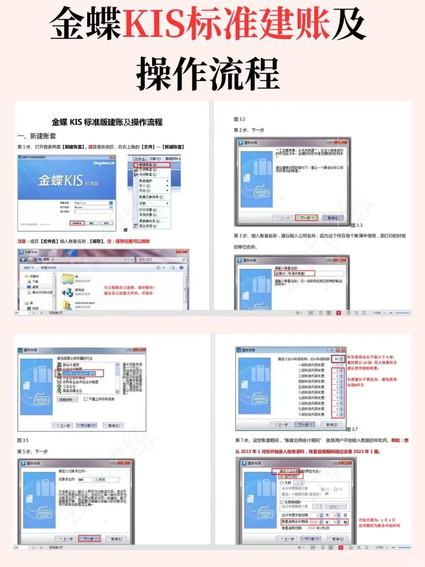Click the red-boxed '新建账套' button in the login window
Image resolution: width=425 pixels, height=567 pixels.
(x=77, y=223)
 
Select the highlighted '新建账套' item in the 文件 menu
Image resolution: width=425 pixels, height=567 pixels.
(x=152, y=165)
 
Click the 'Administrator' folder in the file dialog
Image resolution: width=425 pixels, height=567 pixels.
(x=85, y=303)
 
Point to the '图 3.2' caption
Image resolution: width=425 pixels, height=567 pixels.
(x=239, y=119)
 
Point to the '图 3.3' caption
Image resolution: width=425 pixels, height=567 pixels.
(x=357, y=225)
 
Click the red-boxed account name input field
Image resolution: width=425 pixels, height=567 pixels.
(x=295, y=273)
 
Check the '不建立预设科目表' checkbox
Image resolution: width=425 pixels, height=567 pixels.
(x=86, y=399)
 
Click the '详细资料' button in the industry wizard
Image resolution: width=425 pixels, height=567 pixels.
(x=66, y=400)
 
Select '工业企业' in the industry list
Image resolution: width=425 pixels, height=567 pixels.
(x=69, y=386)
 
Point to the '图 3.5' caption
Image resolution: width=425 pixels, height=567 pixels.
(x=23, y=440)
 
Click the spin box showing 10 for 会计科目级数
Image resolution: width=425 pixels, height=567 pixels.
(x=338, y=359)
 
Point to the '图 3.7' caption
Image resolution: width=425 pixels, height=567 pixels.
(x=352, y=429)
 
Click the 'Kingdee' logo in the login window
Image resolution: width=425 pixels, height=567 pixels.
(x=103, y=163)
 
